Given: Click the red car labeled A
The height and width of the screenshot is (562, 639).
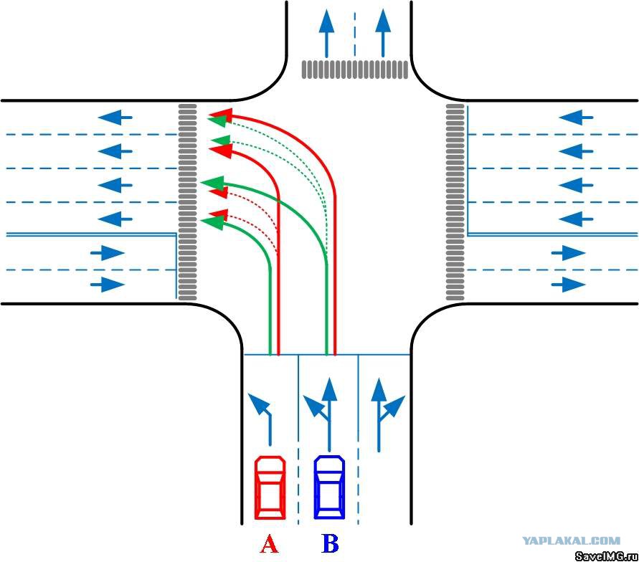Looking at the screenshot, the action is coord(270,488).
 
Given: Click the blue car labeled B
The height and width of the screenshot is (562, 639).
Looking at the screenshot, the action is coord(329,487).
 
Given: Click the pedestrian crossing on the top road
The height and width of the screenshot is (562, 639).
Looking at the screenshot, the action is coord(354,70).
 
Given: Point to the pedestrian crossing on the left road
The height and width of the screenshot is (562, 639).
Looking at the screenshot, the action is coord(187,202).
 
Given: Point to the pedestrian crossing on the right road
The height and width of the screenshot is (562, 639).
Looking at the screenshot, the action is coord(455,202).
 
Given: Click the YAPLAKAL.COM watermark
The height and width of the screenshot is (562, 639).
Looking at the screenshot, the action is coord(571,540).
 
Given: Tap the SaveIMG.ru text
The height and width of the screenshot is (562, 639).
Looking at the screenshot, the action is coord(607,556).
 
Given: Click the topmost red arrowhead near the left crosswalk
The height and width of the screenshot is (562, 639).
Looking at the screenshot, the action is coord(220,115).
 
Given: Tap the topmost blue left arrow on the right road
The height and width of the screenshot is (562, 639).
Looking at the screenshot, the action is coord(575,118).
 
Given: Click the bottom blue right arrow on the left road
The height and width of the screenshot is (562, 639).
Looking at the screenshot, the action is coord(108,285).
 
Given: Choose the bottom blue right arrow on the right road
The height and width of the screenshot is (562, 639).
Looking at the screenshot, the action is coord(569,285).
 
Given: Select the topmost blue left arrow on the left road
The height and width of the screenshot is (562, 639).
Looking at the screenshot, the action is coord(115,118).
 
